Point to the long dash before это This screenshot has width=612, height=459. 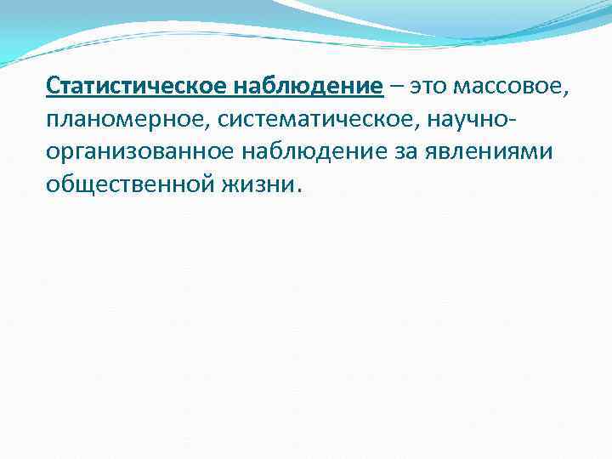[398, 87]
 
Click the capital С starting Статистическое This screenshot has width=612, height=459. [53, 86]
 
